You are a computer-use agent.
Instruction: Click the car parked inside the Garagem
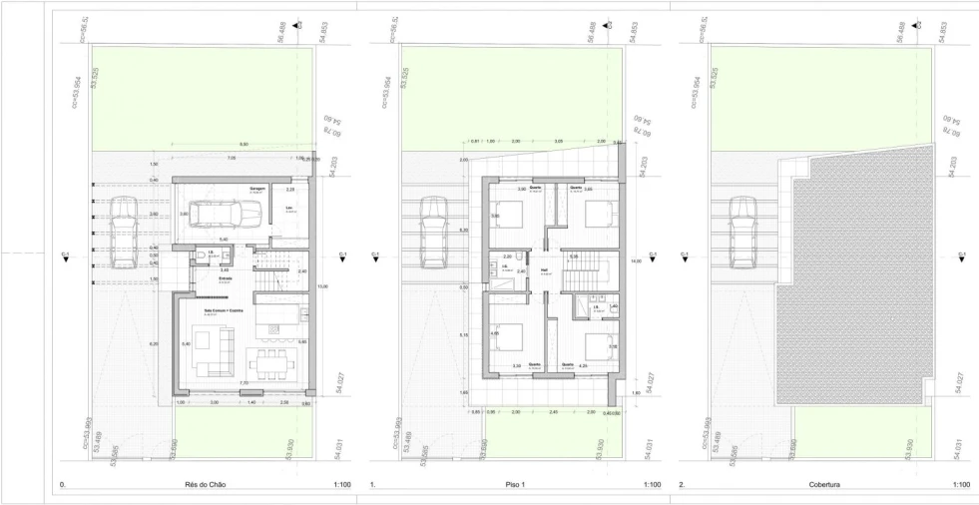pos(229,213)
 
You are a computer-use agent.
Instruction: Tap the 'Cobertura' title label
pos(825,484)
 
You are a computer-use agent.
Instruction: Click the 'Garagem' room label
pos(257,187)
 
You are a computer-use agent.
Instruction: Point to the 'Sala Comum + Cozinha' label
pos(224,310)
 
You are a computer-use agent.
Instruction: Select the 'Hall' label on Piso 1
pos(545,269)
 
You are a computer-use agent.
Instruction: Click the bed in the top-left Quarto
pos(509,212)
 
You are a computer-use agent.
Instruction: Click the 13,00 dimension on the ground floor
pos(321,287)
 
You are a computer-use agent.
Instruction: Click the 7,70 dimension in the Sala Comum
pos(244,383)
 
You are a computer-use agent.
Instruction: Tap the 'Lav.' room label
pos(288,209)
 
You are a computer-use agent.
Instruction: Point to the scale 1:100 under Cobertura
pos(961,484)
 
